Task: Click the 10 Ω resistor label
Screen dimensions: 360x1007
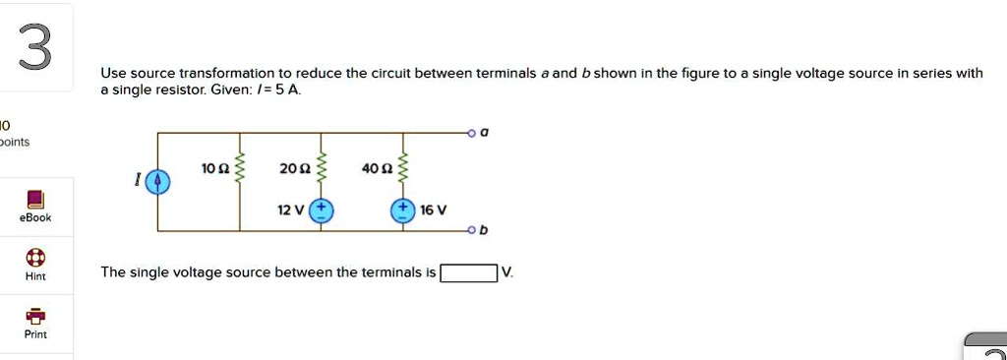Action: click(x=214, y=169)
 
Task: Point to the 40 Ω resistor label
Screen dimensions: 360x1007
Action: click(x=375, y=169)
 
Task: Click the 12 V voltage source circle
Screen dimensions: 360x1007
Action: click(x=322, y=211)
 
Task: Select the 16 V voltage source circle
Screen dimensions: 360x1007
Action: click(x=403, y=211)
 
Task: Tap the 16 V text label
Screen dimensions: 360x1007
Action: click(x=433, y=210)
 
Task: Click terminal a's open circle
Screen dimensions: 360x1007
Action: click(x=472, y=133)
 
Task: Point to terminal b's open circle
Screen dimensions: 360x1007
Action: click(x=471, y=231)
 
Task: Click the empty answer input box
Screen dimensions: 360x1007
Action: click(x=469, y=273)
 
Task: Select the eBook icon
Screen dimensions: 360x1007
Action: click(x=35, y=199)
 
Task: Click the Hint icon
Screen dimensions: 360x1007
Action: click(x=35, y=258)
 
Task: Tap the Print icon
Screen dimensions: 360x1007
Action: click(x=35, y=316)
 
